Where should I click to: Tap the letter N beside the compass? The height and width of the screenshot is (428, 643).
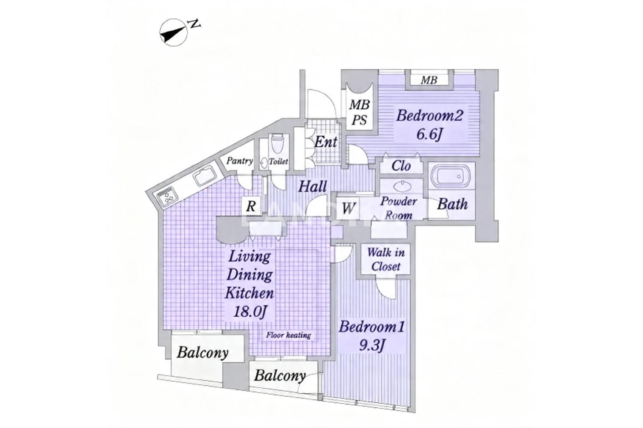pyautogui.click(x=195, y=24)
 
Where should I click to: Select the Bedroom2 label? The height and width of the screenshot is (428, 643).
pyautogui.click(x=430, y=116)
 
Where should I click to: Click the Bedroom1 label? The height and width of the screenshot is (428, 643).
pyautogui.click(x=372, y=327)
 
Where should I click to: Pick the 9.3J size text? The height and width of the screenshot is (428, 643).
pyautogui.click(x=372, y=346)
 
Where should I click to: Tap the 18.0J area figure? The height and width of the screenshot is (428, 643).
pyautogui.click(x=251, y=312)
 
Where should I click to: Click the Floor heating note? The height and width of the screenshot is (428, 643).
pyautogui.click(x=288, y=335)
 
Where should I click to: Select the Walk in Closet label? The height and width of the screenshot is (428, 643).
pyautogui.click(x=386, y=259)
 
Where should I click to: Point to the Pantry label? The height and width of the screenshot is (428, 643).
pyautogui.click(x=239, y=161)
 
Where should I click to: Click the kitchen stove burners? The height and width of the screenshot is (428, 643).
pyautogui.click(x=168, y=196)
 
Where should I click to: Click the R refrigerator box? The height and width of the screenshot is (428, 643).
pyautogui.click(x=251, y=206)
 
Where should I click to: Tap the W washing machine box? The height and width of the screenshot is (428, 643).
pyautogui.click(x=348, y=208)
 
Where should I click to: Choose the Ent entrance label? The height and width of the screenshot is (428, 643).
pyautogui.click(x=325, y=142)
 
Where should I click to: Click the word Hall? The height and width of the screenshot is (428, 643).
pyautogui.click(x=312, y=187)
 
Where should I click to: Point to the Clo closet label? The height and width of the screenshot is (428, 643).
pyautogui.click(x=401, y=166)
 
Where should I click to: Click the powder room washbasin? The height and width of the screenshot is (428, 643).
pyautogui.click(x=402, y=186)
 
